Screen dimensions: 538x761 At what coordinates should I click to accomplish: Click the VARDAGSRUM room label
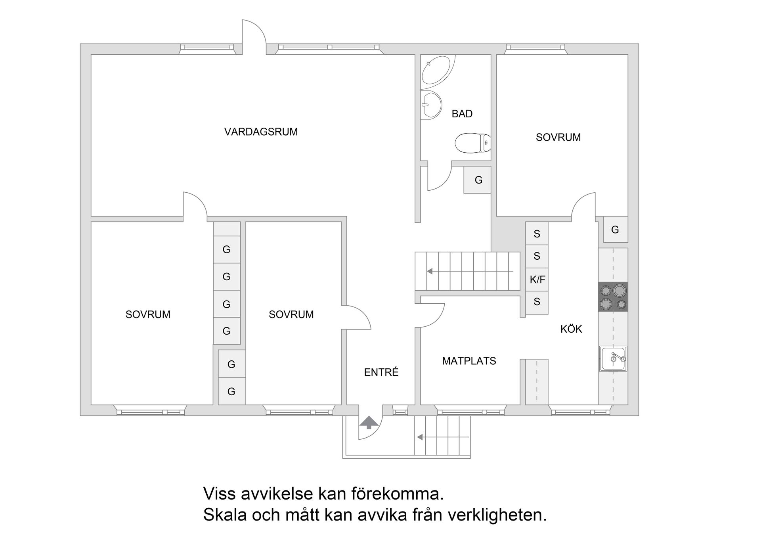coord(261,132)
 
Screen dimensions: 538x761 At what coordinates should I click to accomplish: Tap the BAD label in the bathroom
coord(462,114)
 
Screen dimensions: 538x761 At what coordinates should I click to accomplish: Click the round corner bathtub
coord(436,72)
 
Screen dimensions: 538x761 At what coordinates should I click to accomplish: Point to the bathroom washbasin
coord(431,105)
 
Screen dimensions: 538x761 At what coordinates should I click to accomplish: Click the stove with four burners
coord(613,297)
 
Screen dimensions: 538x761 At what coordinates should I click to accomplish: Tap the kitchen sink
coord(613,359)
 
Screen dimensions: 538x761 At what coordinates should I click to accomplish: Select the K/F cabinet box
coord(537,280)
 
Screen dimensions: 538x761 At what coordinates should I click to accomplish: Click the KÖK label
coord(571,329)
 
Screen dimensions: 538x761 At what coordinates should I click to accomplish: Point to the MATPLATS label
coord(469,361)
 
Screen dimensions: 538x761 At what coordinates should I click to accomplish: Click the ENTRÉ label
coord(381,372)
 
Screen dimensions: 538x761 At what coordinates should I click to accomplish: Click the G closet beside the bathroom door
coord(478,180)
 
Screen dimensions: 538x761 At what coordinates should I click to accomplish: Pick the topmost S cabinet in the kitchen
coord(537,234)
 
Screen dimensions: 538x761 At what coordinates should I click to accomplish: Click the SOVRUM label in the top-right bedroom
coord(558,137)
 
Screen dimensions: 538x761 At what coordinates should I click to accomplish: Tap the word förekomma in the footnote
coord(397,494)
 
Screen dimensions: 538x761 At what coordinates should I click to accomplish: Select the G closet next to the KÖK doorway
coord(615,230)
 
